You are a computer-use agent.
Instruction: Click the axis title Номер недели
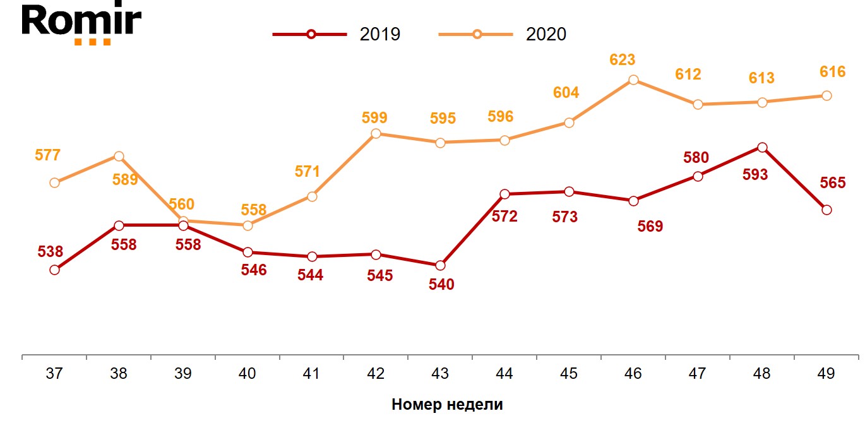pos(447,405)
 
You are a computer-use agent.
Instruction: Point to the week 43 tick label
pos(440,374)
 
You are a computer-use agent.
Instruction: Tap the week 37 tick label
pos(54,374)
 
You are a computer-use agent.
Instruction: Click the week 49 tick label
pos(826,374)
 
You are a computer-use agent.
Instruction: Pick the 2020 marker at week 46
pos(633,80)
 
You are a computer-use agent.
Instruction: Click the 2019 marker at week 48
pos(762,147)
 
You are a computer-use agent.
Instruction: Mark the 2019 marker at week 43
pos(441,265)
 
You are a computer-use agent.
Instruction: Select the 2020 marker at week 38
pos(119,156)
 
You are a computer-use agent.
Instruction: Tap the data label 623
pos(623,61)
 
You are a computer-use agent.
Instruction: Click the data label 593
pos(755,175)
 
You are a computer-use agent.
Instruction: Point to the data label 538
pos(51,252)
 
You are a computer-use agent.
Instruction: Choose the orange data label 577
pos(47,155)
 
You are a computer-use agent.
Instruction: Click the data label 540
pos(441,285)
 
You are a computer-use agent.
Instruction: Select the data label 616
pos(833,72)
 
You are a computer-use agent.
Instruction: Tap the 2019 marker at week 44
pos(504,194)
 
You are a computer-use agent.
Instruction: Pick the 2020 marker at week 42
pos(376,133)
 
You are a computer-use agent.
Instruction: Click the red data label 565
pos(833,183)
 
